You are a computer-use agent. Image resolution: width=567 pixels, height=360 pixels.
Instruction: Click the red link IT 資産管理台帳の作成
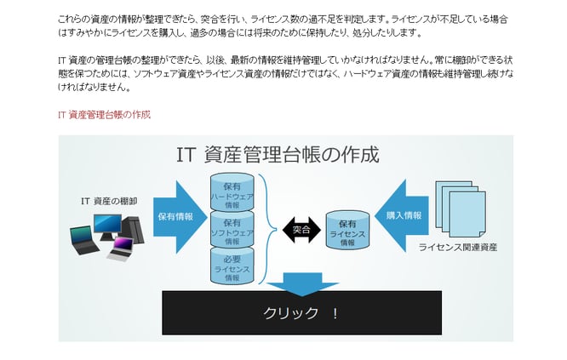click(x=104, y=114)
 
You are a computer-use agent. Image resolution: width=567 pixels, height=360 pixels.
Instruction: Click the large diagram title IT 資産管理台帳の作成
click(x=278, y=155)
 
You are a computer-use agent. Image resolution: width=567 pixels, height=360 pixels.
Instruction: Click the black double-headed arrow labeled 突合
click(x=301, y=230)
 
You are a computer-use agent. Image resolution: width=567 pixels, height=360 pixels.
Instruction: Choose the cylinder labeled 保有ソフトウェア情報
click(x=232, y=231)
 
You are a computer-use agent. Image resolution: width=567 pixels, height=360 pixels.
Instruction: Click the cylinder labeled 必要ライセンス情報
click(x=232, y=266)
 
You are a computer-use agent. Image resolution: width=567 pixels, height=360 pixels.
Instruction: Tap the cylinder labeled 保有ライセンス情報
click(x=347, y=231)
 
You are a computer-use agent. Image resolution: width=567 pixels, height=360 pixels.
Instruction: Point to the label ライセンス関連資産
click(x=458, y=248)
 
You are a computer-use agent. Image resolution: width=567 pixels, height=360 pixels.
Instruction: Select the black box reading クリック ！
click(x=301, y=312)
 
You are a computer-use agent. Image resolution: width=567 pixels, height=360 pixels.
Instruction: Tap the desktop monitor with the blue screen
click(x=107, y=225)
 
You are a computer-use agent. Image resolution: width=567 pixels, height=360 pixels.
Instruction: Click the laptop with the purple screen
click(x=119, y=248)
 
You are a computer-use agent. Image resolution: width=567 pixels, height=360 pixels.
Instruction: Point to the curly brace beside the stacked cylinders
click(x=267, y=229)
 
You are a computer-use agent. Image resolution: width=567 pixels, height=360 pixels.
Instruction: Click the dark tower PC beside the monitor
click(x=132, y=228)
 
